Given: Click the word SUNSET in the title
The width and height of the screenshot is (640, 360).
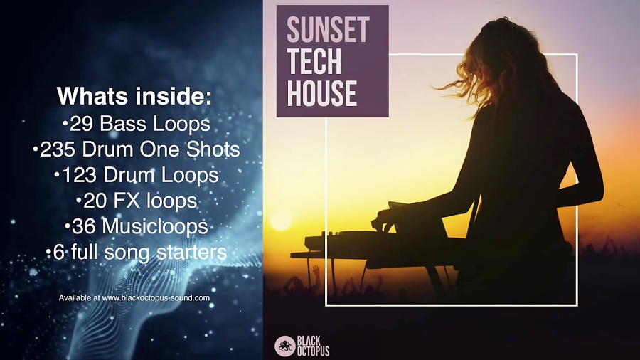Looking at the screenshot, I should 328,29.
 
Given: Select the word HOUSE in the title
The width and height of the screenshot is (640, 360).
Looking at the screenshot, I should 321,93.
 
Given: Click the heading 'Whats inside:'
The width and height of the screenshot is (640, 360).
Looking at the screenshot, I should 134,96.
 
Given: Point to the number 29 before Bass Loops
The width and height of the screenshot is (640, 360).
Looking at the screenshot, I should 82,124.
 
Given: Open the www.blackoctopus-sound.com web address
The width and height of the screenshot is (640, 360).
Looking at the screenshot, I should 156,297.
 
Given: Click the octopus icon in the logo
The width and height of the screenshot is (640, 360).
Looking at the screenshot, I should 284,346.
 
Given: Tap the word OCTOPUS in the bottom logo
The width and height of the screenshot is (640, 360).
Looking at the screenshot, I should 314,351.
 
